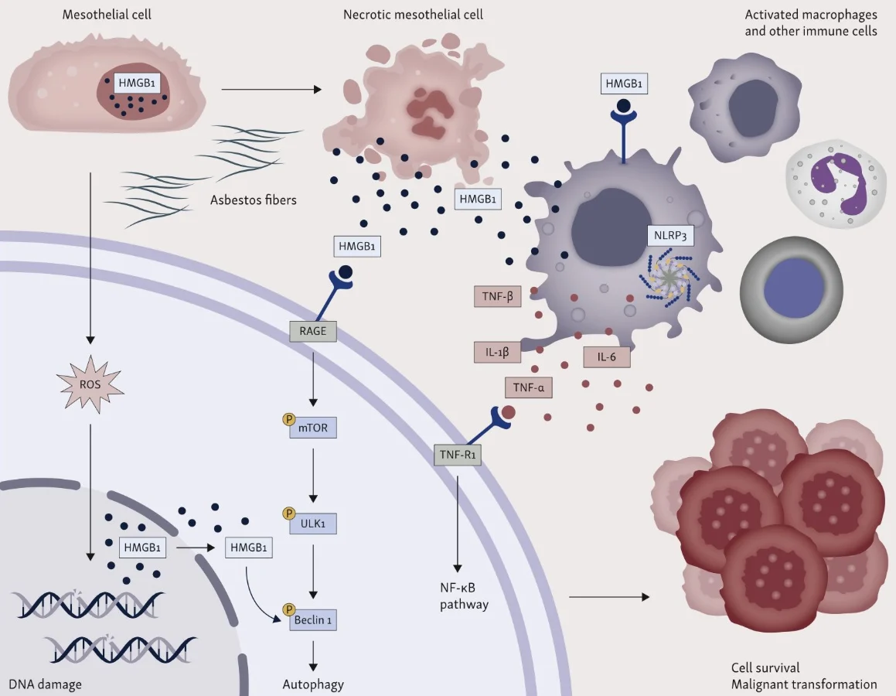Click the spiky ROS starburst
[x=90, y=381]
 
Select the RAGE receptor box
[x=313, y=333]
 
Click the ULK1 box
[x=313, y=523]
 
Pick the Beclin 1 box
[x=313, y=619]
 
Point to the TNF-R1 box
[x=458, y=455]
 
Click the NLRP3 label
[x=669, y=236]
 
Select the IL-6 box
[x=606, y=357]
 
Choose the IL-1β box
[x=496, y=353]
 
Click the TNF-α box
[x=529, y=387]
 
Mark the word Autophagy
[x=313, y=684]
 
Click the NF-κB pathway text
[x=465, y=595]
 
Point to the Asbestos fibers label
[x=253, y=200]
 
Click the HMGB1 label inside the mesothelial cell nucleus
[x=137, y=82]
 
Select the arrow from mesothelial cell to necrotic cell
[x=271, y=90]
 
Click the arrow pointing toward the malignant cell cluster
[x=607, y=596]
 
